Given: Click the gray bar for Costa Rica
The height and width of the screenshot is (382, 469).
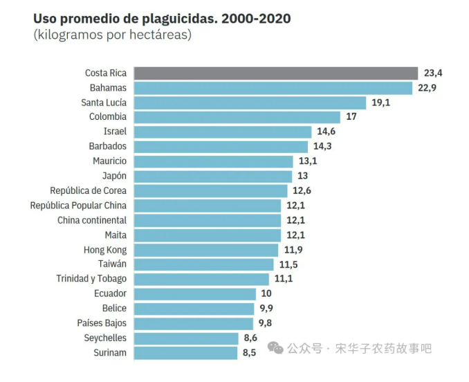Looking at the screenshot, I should pyautogui.click(x=275, y=73).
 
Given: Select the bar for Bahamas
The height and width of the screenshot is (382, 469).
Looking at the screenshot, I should pyautogui.click(x=273, y=88).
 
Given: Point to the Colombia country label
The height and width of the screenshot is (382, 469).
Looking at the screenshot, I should pyautogui.click(x=108, y=117).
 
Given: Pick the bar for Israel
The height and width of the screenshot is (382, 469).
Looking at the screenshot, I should pyautogui.click(x=223, y=131).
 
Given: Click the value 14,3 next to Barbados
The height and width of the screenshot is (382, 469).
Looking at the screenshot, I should pyautogui.click(x=323, y=147).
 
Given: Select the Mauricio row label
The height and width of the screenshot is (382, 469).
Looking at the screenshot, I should pyautogui.click(x=109, y=161).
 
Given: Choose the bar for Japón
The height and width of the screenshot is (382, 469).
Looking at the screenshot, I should pyautogui.click(x=213, y=176).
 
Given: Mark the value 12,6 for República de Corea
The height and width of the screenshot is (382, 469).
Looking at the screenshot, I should pyautogui.click(x=302, y=190).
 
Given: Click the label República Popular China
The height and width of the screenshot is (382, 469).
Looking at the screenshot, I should pyautogui.click(x=78, y=206).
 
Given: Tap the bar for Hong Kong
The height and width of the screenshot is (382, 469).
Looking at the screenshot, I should pyautogui.click(x=205, y=250).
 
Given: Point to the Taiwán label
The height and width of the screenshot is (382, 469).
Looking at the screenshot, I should pyautogui.click(x=112, y=264).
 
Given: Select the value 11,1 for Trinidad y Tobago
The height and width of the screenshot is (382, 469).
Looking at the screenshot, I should pyautogui.click(x=284, y=279).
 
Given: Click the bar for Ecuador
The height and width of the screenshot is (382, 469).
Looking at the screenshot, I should pyautogui.click(x=195, y=294).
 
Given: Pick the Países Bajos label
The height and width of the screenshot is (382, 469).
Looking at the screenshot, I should pyautogui.click(x=102, y=323).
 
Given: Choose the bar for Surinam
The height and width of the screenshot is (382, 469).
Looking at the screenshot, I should pyautogui.click(x=185, y=353).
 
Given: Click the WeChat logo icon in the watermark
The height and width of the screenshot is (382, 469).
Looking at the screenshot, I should pyautogui.click(x=275, y=347).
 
